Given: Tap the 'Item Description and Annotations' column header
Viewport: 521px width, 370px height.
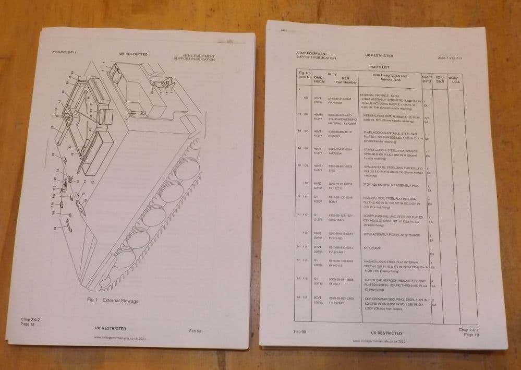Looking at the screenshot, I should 390,78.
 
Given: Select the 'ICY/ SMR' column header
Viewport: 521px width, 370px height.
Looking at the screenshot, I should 440,79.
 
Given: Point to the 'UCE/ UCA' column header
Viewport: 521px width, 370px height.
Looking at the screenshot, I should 456,80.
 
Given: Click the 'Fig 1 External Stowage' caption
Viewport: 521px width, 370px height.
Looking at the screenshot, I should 113,301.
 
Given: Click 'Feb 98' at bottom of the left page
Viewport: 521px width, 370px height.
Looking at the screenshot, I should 196,330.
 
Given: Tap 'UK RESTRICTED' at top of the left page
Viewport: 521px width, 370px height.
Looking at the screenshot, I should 133,54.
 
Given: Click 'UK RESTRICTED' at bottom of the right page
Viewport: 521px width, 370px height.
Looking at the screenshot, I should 385,332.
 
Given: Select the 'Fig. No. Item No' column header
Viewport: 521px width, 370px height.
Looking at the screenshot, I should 305,75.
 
